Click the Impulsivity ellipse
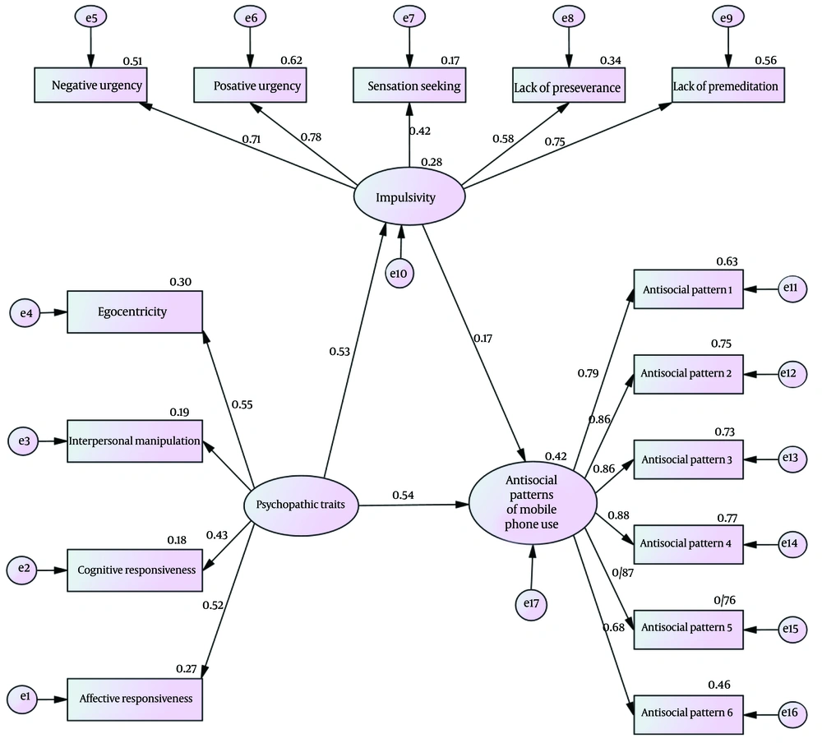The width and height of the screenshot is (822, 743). (x=409, y=198)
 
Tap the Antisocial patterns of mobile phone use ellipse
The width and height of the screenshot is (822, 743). (x=533, y=503)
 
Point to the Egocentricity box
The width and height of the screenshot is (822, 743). (x=135, y=312)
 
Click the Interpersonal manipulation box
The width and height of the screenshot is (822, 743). (x=135, y=441)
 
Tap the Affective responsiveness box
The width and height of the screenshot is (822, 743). (x=135, y=699)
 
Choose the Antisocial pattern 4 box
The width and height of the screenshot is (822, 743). (x=689, y=543)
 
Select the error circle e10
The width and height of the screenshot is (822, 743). (x=400, y=273)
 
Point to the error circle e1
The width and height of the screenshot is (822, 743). (x=23, y=698)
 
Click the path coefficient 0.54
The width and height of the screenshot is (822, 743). (x=403, y=495)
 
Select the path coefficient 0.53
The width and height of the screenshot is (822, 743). (x=340, y=352)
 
